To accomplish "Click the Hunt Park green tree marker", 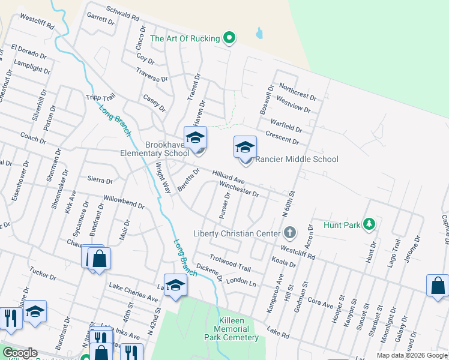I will pyautogui.click(x=370, y=225).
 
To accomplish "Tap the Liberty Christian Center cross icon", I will pyautogui.click(x=289, y=233).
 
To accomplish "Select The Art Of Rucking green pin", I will pyautogui.click(x=229, y=38).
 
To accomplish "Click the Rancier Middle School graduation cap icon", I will pyautogui.click(x=245, y=147).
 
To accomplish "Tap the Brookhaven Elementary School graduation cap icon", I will pyautogui.click(x=195, y=138).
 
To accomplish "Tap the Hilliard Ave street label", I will pyautogui.click(x=228, y=176).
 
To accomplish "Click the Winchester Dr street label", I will pyautogui.click(x=239, y=190).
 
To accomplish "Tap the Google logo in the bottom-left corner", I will pyautogui.click(x=19, y=353).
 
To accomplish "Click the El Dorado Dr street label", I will pyautogui.click(x=28, y=51).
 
